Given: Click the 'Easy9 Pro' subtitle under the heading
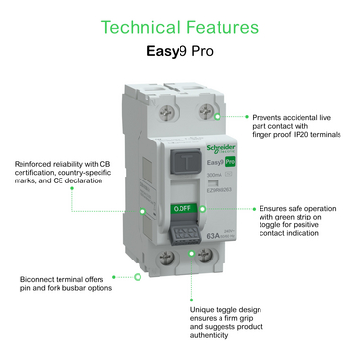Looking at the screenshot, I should [180, 47].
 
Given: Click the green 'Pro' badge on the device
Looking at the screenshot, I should [206, 161].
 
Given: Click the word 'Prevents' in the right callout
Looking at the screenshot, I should [265, 116].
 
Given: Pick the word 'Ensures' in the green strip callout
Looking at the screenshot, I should [274, 208].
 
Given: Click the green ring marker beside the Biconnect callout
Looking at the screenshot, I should [138, 277].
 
